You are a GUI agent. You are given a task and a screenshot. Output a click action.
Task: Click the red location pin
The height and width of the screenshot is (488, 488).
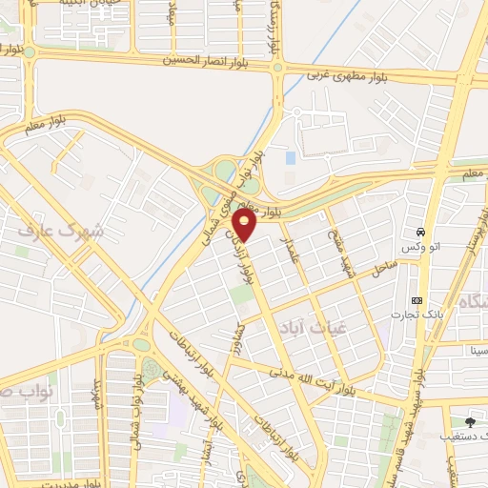pyautogui.click(x=245, y=225)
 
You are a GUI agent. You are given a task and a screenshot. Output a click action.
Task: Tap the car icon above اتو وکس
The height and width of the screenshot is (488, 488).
pyautogui.click(x=418, y=233)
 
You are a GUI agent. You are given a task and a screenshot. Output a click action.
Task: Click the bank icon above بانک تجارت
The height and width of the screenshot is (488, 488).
pyautogui.click(x=417, y=300)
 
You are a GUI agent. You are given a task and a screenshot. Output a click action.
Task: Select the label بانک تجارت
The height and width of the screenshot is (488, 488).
pyautogui.click(x=412, y=314)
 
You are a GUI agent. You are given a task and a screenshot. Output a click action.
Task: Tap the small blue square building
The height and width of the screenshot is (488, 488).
pyautogui.click(x=290, y=157)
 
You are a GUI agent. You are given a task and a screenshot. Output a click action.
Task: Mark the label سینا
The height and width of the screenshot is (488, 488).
pyautogui.click(x=478, y=351)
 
